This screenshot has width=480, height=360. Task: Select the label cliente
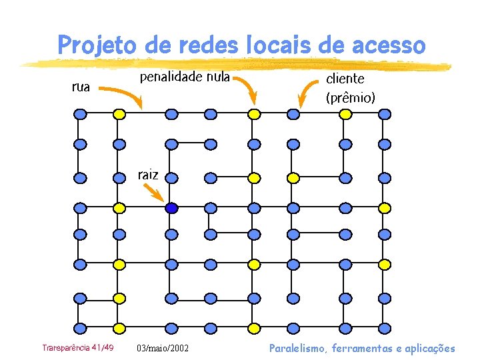point(345,79)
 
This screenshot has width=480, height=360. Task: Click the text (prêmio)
point(350,98)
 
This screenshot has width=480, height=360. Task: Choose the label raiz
point(148,175)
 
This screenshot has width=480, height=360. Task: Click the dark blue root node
point(171,208)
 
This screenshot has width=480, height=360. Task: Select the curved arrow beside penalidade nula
point(247,89)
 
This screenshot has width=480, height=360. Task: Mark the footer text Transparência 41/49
point(77,348)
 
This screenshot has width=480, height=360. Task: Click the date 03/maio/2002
point(162,349)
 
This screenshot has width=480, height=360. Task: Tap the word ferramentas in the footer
point(367,348)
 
